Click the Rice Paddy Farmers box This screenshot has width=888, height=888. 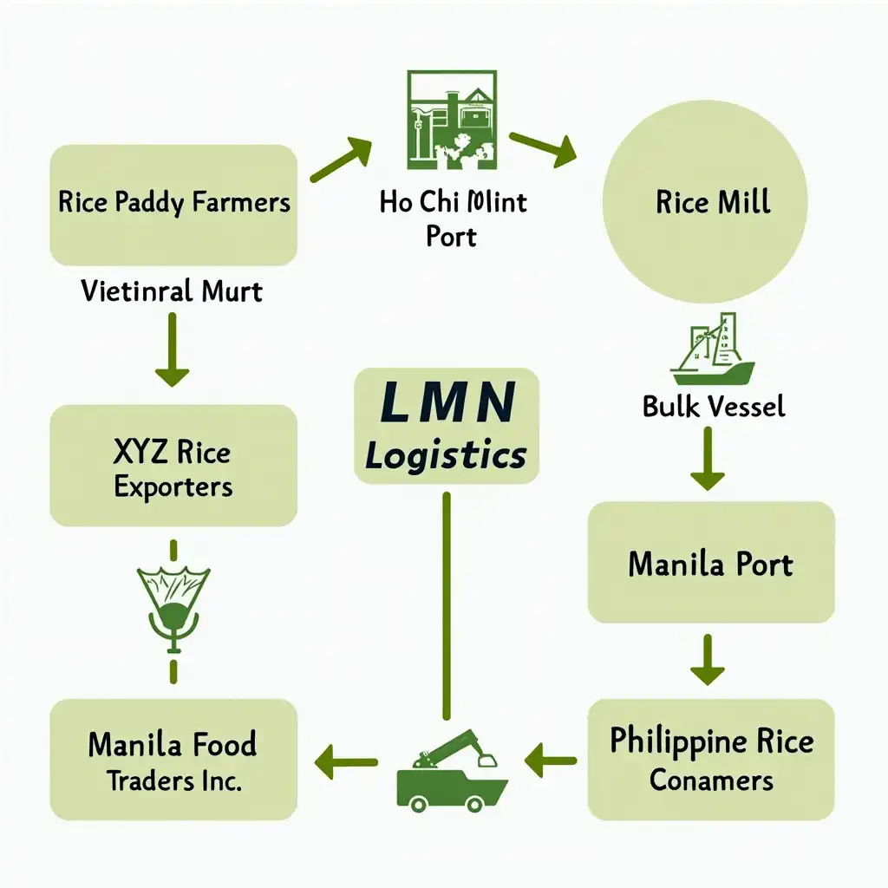pyautogui.click(x=173, y=205)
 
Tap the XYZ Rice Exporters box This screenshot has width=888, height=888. pyautogui.click(x=173, y=467)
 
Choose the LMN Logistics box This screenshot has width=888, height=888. pyautogui.click(x=447, y=426)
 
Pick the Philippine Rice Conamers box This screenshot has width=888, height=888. pyautogui.click(x=710, y=760)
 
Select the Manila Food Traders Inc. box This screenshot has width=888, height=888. pyautogui.click(x=173, y=760)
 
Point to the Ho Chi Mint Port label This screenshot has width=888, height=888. pyautogui.click(x=452, y=218)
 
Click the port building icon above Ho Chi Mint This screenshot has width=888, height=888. pyautogui.click(x=451, y=120)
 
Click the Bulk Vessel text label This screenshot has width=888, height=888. pyautogui.click(x=713, y=405)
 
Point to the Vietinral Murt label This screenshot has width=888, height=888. pyautogui.click(x=172, y=290)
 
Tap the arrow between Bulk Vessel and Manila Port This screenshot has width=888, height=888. pyautogui.click(x=707, y=457)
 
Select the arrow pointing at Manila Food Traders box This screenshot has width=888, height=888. pyautogui.click(x=346, y=762)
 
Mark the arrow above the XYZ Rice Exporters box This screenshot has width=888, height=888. pyautogui.click(x=172, y=349)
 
